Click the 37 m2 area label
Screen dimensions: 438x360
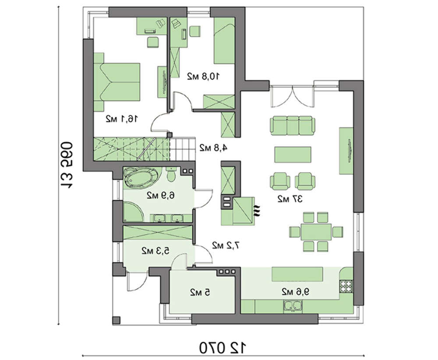290,199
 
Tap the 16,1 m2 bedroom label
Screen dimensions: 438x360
122,119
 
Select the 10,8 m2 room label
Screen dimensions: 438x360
203,76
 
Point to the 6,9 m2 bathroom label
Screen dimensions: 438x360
161,195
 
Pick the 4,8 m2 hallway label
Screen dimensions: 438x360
213,148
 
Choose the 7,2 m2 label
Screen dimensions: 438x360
226,245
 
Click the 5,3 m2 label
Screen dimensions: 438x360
155,251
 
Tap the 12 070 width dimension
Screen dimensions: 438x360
223,348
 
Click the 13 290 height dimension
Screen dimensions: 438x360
66,166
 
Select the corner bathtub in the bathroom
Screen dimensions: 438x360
140,178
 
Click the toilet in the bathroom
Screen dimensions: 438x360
171,175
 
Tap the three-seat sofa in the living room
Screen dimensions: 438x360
293,124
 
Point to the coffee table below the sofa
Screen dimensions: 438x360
293,154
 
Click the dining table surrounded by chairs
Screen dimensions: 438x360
316,232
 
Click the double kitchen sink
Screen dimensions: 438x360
293,306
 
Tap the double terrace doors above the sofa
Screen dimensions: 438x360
292,96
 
